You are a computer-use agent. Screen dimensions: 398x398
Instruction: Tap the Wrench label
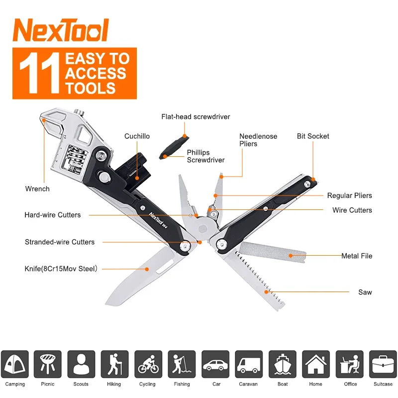[x=37, y=189]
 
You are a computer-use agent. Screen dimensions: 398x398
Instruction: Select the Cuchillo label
[x=137, y=136]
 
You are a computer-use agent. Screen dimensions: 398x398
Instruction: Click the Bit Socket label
[x=313, y=136]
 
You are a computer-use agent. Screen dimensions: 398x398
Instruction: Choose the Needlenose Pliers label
[x=258, y=140]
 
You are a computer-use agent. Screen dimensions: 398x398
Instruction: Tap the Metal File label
[x=356, y=256]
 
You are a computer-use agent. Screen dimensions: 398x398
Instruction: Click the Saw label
[x=365, y=293]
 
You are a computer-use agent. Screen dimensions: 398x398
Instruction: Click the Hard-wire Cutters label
[x=52, y=215]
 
